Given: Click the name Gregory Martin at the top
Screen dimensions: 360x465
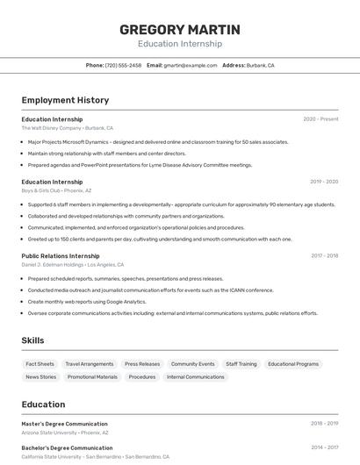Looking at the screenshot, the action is coord(179,30).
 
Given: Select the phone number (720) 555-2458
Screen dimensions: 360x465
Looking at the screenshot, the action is coord(123,65).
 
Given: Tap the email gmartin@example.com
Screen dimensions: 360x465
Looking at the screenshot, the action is coord(191,65).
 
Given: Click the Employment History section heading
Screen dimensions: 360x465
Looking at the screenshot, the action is coord(65,100).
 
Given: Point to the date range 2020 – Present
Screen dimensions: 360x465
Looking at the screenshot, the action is coord(320,119).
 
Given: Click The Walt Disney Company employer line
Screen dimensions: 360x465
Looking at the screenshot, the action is coord(68,128).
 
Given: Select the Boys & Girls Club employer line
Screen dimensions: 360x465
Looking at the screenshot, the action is coord(56,190).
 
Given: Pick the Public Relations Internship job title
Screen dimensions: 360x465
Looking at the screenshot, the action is coord(61,256).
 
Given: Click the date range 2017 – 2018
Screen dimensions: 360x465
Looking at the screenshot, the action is coord(324,256).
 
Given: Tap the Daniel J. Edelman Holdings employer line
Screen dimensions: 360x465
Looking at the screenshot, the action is coord(73,265).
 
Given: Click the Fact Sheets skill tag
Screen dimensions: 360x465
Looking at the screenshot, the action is coord(40,364).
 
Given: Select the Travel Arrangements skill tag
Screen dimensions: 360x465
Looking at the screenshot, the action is coord(90,364).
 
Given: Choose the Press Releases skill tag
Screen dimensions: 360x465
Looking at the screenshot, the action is coord(142,364).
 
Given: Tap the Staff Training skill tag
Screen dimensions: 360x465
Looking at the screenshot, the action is coord(241,364).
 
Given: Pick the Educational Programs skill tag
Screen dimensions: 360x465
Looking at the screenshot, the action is coord(293,364).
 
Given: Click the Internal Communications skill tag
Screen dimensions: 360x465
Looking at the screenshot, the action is coord(196,377).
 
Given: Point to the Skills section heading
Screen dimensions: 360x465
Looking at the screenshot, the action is coord(32,340).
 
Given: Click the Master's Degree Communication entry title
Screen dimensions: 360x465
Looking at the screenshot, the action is coord(65,424).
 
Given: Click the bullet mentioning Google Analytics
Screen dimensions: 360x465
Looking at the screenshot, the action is coord(87,302).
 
